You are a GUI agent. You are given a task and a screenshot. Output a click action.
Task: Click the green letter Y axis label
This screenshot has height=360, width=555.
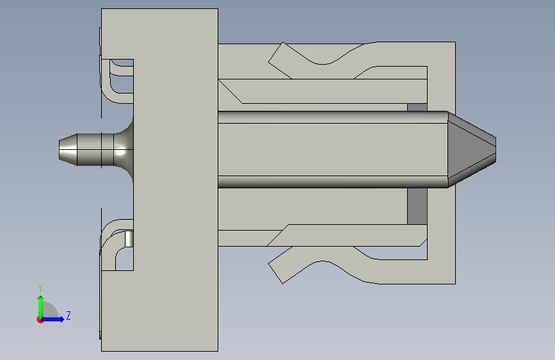[x=40, y=288]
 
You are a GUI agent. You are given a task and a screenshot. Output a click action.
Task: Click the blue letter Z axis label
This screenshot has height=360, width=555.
[x=68, y=315]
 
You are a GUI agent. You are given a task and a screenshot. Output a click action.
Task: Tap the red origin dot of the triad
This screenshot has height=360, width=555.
[x=40, y=320]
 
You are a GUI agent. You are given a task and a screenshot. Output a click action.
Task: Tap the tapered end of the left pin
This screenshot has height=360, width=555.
[x=68, y=149]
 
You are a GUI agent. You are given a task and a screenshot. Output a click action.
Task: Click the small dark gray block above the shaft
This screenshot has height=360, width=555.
[x=417, y=107]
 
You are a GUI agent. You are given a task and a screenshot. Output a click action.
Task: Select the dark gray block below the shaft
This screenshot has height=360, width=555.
[x=417, y=206]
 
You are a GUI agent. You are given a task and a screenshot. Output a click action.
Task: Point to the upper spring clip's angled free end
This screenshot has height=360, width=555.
[x=280, y=60]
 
